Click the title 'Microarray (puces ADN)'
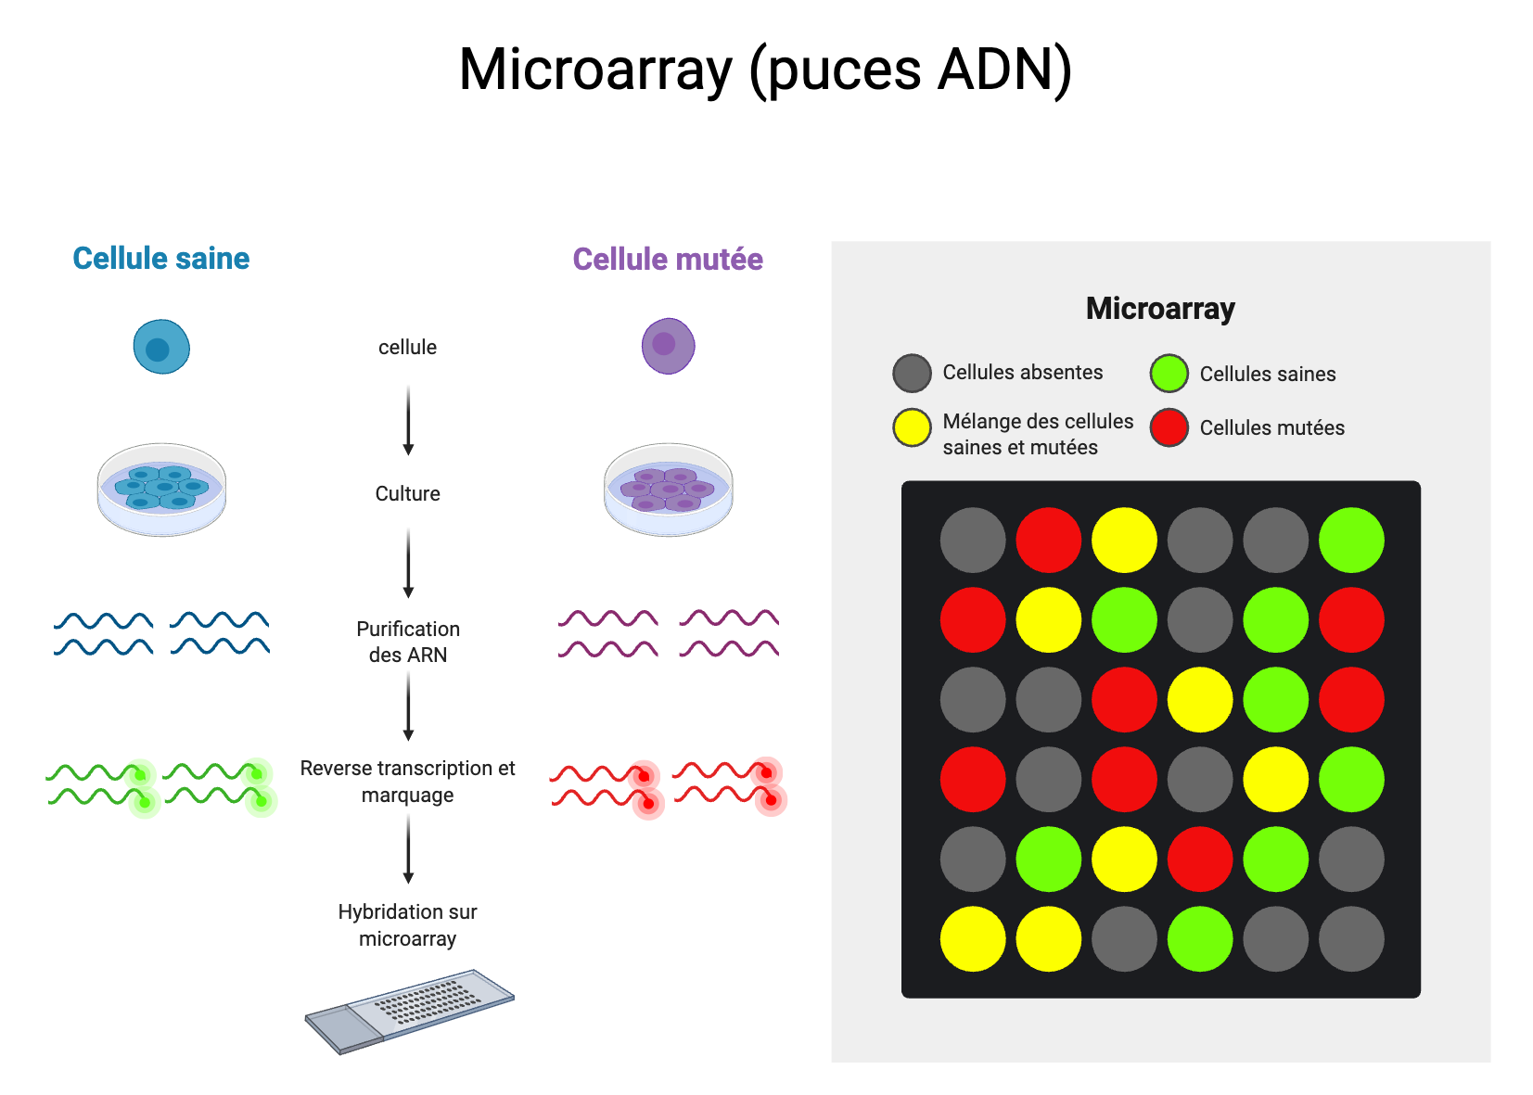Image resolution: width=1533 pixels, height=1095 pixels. [x=765, y=70]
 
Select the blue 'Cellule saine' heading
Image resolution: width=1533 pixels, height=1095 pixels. [x=160, y=259]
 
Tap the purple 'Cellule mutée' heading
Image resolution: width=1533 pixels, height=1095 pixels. [x=668, y=260]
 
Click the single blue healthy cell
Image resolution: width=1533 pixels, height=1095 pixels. [x=161, y=347]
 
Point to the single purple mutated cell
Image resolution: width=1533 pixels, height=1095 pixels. [x=668, y=346]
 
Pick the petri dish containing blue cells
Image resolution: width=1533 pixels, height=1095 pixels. [x=161, y=489]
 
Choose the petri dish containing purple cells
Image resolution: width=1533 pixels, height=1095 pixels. [x=668, y=489]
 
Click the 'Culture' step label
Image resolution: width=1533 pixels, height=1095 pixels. [x=407, y=493]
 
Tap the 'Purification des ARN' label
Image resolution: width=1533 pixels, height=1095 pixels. [x=408, y=642]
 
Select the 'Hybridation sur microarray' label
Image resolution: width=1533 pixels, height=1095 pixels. [x=408, y=925]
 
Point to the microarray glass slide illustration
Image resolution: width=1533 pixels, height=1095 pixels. [x=410, y=1011]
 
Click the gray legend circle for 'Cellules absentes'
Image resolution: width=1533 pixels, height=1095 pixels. [x=912, y=373]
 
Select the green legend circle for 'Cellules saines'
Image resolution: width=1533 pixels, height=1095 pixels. [x=1169, y=374]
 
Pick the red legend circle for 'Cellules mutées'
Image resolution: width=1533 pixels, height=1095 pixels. [x=1169, y=427]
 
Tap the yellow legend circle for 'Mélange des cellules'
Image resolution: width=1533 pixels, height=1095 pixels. [x=912, y=427]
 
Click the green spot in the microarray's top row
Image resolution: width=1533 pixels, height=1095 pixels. [x=1351, y=540]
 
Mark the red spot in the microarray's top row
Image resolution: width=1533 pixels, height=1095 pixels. [x=1049, y=540]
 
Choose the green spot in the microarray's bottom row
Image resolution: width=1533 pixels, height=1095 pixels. [x=1200, y=938]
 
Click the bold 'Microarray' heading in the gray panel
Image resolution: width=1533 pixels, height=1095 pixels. [x=1160, y=309]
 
